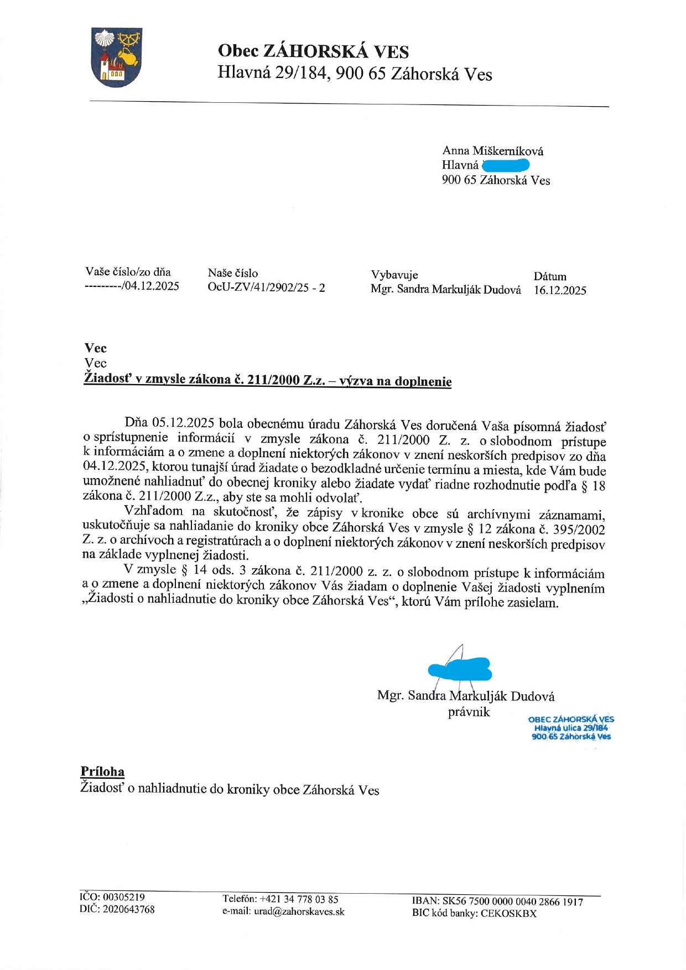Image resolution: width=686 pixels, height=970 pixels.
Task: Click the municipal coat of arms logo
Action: [117, 57]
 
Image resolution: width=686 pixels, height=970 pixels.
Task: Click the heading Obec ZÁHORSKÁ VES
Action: [313, 51]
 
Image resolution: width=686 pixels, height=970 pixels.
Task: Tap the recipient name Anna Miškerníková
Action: [492, 151]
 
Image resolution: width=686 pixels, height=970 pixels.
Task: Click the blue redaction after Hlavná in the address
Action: [506, 165]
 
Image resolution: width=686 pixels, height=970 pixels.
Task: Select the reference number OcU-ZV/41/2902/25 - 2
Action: [266, 287]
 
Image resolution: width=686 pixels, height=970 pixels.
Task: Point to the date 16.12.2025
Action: [560, 290]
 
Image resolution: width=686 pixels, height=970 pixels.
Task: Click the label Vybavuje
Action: [394, 275]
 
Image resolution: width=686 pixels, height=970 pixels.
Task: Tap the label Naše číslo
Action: [233, 273]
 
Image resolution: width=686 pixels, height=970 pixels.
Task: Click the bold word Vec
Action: [96, 348]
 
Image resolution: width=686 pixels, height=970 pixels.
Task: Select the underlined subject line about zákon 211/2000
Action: [267, 380]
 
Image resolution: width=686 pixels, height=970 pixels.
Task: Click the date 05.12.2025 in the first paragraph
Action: [183, 423]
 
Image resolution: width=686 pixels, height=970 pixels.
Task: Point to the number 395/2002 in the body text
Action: [579, 529]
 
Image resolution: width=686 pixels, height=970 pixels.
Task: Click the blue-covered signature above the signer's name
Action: [460, 669]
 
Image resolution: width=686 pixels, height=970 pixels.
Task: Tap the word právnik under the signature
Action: [469, 712]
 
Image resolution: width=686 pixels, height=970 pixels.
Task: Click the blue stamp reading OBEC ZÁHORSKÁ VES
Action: [571, 728]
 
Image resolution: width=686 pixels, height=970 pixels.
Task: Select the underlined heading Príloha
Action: [102, 772]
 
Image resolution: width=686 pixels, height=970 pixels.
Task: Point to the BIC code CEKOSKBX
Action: [508, 914]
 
